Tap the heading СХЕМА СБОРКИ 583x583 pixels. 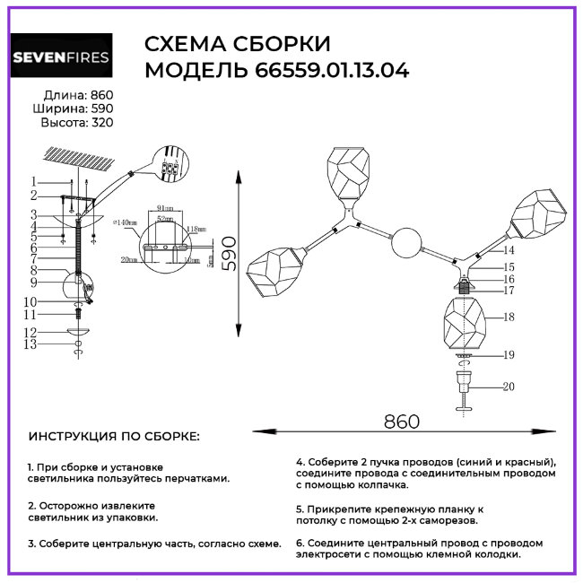[x=238, y=45]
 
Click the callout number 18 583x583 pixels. [x=509, y=318]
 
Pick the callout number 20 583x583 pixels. [x=509, y=387]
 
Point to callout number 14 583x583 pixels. [x=509, y=250]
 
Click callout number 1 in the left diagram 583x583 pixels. [x=33, y=182]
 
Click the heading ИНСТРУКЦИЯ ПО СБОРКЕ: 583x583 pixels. [x=115, y=436]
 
